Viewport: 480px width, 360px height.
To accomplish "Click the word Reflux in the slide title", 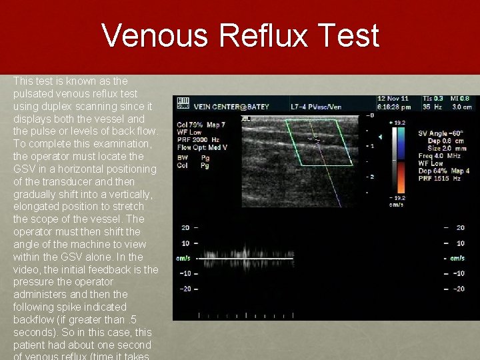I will [275, 35].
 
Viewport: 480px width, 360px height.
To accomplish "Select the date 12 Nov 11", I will [393, 98].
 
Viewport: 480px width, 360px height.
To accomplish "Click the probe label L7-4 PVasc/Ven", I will [317, 106].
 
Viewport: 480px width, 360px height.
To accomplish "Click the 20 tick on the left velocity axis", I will [185, 228].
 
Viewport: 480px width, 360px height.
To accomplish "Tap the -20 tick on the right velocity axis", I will [459, 289].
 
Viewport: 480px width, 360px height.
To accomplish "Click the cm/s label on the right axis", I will [457, 258].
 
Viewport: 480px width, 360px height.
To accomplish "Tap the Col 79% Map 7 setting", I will [201, 124].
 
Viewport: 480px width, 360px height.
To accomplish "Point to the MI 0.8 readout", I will [459, 98].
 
